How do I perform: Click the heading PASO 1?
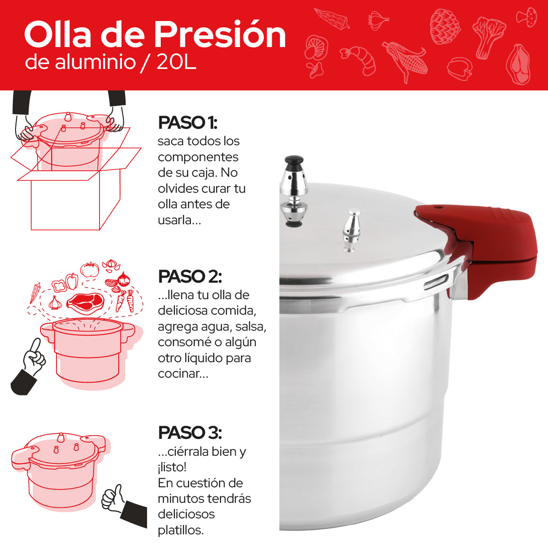187,123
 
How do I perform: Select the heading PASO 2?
190,277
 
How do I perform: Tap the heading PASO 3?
190,433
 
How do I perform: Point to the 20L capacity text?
176,63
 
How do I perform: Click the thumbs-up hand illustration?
113,498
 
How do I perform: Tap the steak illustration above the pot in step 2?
85,301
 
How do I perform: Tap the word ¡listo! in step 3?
172,467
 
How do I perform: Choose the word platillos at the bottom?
180,530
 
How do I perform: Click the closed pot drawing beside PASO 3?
59,470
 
